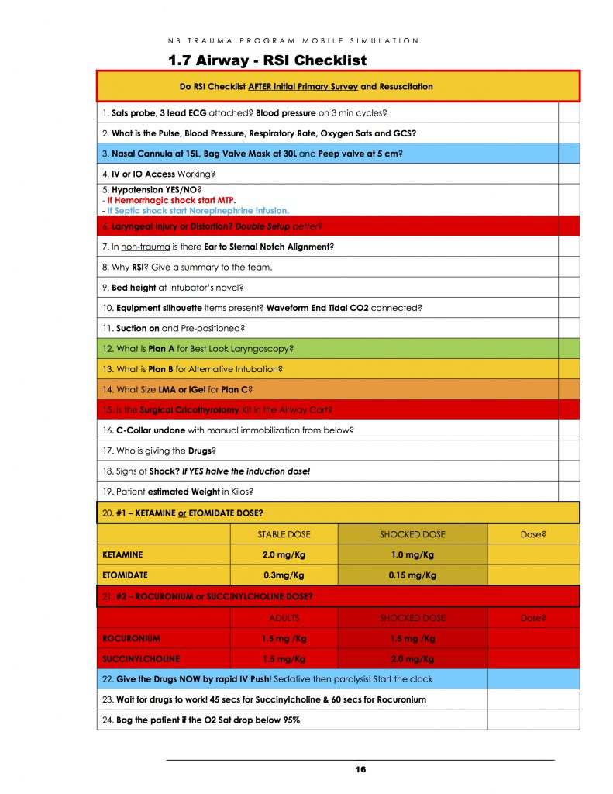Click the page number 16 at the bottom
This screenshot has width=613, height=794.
[360, 769]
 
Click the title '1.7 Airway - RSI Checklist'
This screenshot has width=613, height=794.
[267, 60]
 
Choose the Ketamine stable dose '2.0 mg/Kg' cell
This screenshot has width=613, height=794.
[283, 554]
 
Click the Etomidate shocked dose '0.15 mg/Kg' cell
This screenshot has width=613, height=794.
[412, 575]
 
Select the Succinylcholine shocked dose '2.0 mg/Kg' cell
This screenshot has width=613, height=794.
[412, 658]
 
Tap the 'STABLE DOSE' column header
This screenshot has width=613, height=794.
[283, 534]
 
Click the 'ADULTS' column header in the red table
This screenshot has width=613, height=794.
[283, 618]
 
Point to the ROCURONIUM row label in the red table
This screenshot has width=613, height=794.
[131, 638]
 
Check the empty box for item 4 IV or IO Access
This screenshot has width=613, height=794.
[569, 174]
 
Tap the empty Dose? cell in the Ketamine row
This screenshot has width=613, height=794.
[532, 554]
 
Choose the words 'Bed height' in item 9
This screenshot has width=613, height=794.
[133, 288]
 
